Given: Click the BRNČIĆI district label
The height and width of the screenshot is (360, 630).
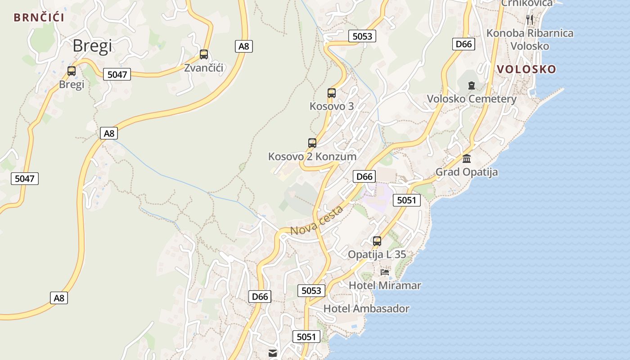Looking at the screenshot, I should [x=39, y=18].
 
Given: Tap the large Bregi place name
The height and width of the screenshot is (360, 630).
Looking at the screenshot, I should [x=92, y=45].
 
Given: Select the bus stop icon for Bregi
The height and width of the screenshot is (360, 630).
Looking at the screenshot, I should [x=72, y=71].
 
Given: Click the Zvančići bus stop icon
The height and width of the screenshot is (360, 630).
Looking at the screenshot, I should [x=204, y=54].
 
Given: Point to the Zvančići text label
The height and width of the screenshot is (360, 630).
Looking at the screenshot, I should [x=204, y=68].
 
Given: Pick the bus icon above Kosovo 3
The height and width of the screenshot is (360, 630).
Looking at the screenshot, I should [x=332, y=93].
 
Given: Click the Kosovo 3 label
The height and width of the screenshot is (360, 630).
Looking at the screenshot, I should [x=332, y=106].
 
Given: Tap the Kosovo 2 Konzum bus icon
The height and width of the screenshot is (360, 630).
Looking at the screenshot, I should [x=312, y=143].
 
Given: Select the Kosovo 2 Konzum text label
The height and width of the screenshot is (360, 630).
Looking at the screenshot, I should [x=312, y=157].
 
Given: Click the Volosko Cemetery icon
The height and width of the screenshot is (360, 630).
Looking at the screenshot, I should [x=471, y=85].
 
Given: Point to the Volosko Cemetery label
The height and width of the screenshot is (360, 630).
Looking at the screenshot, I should [x=471, y=99].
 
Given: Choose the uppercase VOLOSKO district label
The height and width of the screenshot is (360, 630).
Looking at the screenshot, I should [x=526, y=69].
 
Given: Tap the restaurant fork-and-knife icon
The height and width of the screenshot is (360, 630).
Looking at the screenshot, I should [x=530, y=19].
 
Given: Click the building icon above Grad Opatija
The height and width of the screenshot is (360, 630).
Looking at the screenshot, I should [x=467, y=158].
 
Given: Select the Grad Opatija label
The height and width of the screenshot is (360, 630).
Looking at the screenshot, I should [x=467, y=172].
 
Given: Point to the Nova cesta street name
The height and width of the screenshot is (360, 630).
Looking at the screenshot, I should [x=316, y=221].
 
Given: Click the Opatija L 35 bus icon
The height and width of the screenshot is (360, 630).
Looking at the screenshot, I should [x=377, y=241].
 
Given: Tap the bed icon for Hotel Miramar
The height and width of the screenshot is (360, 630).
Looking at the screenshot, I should [x=385, y=272].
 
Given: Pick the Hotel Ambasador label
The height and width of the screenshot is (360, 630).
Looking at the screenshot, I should [x=366, y=309].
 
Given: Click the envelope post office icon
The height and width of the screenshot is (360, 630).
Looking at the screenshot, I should [x=273, y=353].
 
